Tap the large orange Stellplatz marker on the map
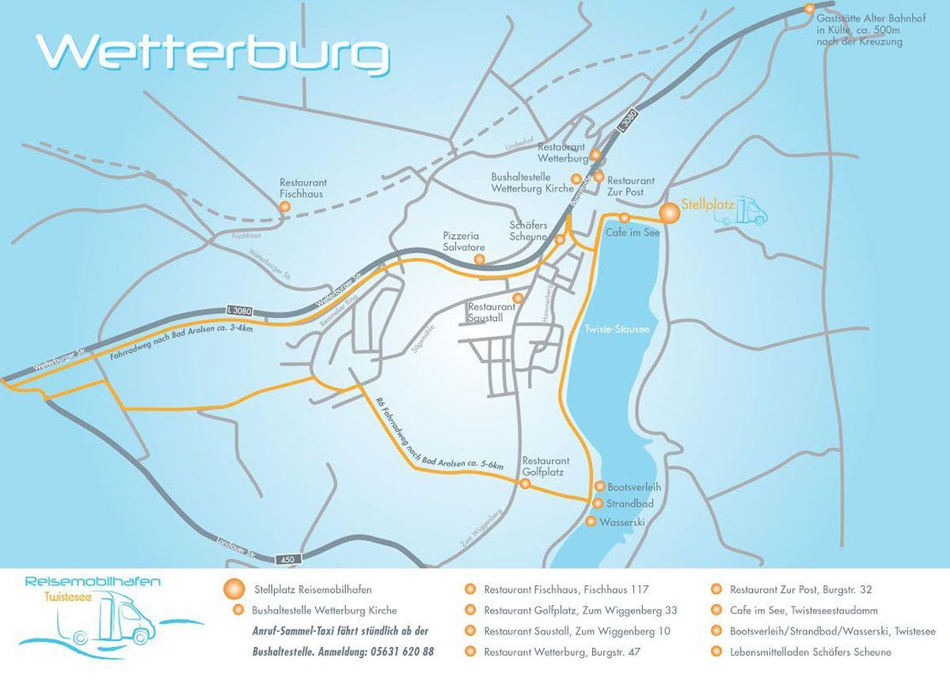tap(670, 213)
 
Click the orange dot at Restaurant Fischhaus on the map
tap(285, 206)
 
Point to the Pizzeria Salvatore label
tap(462, 241)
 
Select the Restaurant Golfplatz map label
tap(545, 466)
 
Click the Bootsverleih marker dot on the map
tap(598, 486)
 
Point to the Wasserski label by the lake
tap(623, 522)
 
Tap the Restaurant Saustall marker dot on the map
tap(518, 297)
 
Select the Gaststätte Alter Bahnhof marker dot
tap(809, 9)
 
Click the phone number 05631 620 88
tap(401, 652)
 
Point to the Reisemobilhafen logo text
tap(93, 581)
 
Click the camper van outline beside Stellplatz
tap(745, 211)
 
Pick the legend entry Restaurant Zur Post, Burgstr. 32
tap(800, 589)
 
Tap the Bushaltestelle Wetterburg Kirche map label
tap(532, 184)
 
